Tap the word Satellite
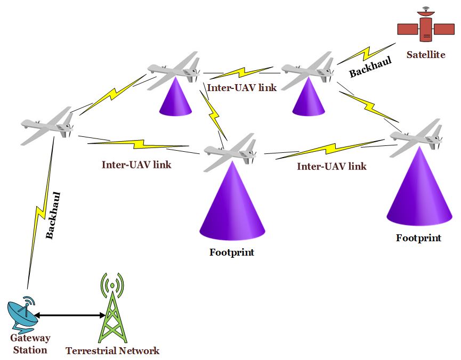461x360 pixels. [x=425, y=54]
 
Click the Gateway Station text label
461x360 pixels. [x=30, y=344]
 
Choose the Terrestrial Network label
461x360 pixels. [x=112, y=351]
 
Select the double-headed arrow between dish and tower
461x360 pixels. [x=70, y=316]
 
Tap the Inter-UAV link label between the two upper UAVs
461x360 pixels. [x=242, y=87]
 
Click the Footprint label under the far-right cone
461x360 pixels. [x=418, y=238]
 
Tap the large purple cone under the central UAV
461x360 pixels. [x=232, y=202]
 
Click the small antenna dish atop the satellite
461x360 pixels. [x=425, y=10]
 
